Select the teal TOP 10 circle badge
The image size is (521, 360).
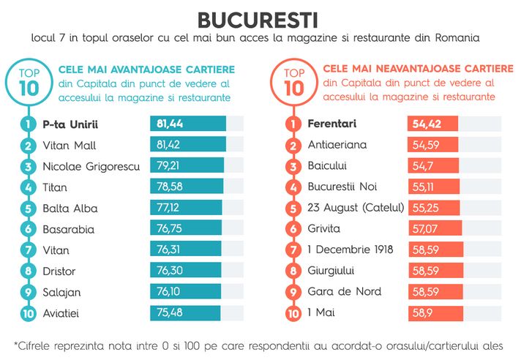pyautogui.click(x=30, y=80)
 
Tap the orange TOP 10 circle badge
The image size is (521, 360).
pyautogui.click(x=293, y=80)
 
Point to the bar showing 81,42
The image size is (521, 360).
pyautogui.click(x=188, y=145)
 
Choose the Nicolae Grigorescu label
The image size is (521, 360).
pyautogui.click(x=91, y=166)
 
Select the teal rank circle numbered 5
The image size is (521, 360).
pyautogui.click(x=29, y=208)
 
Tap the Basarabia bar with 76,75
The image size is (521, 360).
pyautogui.click(x=187, y=229)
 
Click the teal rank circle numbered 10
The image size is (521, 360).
pyautogui.click(x=29, y=313)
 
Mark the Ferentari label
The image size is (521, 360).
pyautogui.click(x=333, y=124)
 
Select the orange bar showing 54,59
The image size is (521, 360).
pyautogui.click(x=433, y=145)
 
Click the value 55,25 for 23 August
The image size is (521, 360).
pyautogui.click(x=425, y=208)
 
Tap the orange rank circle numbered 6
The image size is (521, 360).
pyautogui.click(x=293, y=229)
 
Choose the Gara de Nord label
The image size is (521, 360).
pyautogui.click(x=345, y=292)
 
